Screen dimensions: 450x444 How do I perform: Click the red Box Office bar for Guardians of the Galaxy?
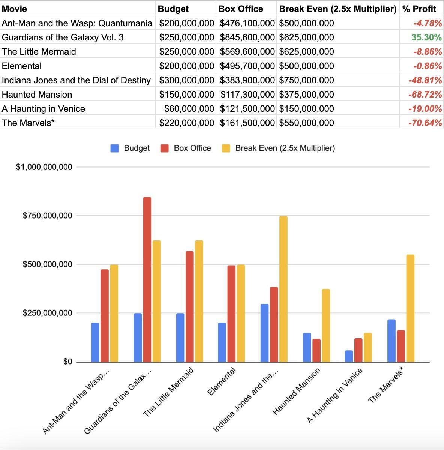pyautogui.click(x=147, y=279)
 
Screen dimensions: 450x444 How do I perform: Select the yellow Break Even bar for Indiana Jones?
pyautogui.click(x=283, y=289)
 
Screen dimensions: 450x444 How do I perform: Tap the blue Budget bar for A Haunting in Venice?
pyautogui.click(x=349, y=356)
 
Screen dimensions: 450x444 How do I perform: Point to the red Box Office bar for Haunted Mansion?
pyautogui.click(x=316, y=350)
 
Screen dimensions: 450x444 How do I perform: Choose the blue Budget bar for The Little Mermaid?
pyautogui.click(x=180, y=337)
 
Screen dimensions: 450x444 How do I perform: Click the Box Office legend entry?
pyautogui.click(x=192, y=148)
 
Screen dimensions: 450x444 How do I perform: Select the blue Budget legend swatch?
pyautogui.click(x=115, y=148)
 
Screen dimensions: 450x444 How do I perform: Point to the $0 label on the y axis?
pyautogui.click(x=67, y=362)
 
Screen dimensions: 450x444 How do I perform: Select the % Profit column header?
pyautogui.click(x=419, y=9)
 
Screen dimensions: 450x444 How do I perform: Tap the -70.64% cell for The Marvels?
pyautogui.click(x=425, y=123)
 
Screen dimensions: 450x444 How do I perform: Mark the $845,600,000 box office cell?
pyautogui.click(x=247, y=37)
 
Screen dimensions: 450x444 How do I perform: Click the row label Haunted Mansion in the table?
pyautogui.click(x=37, y=94)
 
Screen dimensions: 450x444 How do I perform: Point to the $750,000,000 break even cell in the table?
pyautogui.click(x=306, y=80)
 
